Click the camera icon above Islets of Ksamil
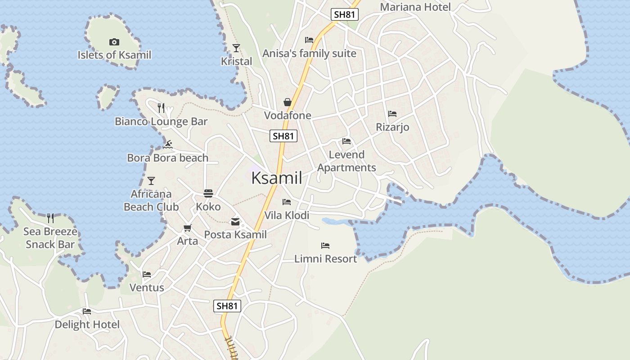click(114, 42)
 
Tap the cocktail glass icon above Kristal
click(236, 48)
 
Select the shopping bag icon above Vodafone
click(288, 102)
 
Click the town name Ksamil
click(276, 178)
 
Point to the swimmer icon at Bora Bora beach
click(168, 144)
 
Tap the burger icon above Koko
click(208, 193)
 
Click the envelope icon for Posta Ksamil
click(235, 221)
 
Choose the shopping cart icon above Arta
click(187, 228)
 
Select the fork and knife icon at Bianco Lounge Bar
click(161, 108)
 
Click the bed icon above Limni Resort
click(325, 246)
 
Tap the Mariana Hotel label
click(415, 7)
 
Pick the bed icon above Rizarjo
click(392, 114)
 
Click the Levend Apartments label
click(346, 161)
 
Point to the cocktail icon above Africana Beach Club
click(151, 181)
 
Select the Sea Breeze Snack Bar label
click(50, 238)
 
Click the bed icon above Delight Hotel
click(87, 311)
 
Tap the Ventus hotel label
click(147, 288)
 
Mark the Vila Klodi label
click(287, 216)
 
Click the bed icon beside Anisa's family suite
click(309, 40)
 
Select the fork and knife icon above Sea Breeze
click(50, 218)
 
